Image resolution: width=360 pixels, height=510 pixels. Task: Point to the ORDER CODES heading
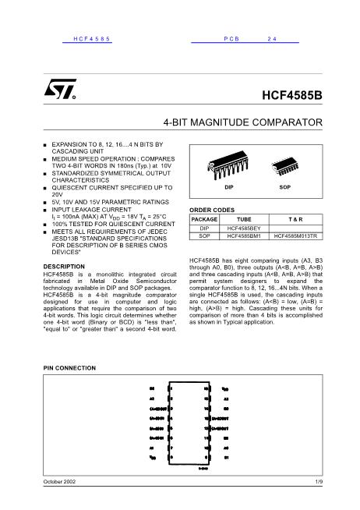(212, 211)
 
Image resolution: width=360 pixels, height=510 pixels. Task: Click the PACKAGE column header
(204, 220)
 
